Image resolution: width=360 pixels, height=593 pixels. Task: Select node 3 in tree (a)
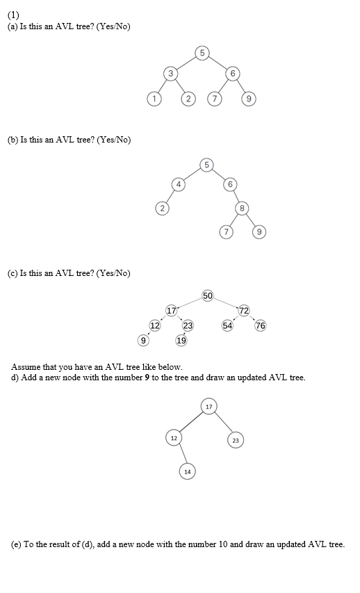tap(170, 73)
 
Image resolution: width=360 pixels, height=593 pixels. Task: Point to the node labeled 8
tap(242, 208)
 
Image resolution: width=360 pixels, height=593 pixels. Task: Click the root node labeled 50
tap(208, 296)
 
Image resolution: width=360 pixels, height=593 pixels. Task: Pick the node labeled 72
tap(244, 309)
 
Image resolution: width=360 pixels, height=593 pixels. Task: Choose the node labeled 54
tap(227, 325)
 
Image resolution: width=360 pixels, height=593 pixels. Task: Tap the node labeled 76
tap(261, 325)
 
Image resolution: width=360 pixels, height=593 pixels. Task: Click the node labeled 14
tap(186, 472)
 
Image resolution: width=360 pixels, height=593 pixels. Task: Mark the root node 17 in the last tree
tap(208, 405)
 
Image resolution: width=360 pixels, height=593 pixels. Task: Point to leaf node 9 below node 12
tap(143, 341)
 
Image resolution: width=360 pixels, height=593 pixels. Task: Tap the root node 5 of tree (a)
tap(202, 52)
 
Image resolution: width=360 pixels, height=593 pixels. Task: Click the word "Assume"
tap(26, 366)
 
